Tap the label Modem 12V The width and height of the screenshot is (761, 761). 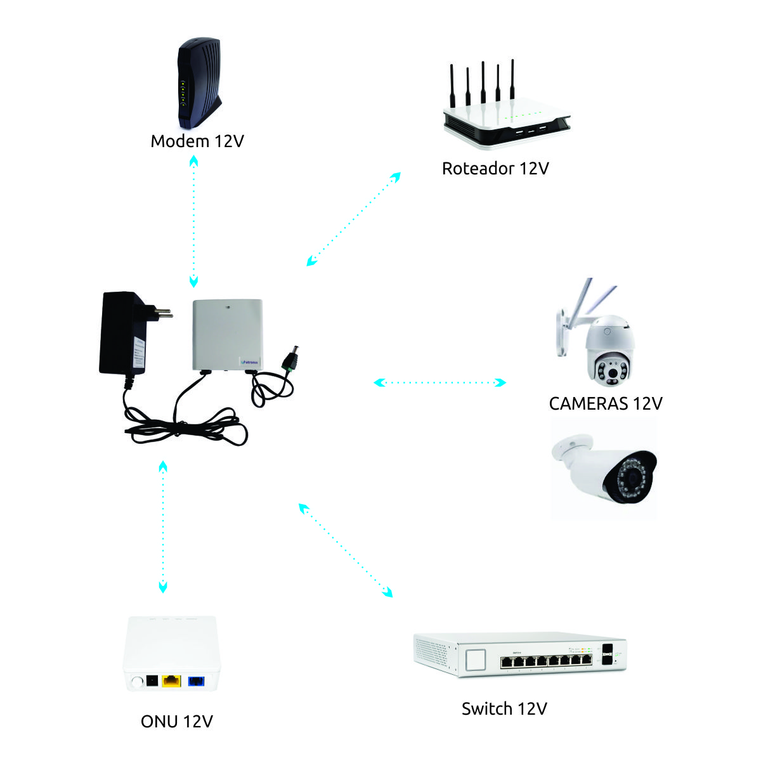[x=197, y=141]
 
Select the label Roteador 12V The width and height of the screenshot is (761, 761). [x=495, y=169]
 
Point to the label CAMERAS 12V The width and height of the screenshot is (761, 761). [x=605, y=404]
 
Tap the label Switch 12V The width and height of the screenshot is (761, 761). [x=504, y=708]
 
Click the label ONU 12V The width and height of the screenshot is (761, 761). [x=177, y=722]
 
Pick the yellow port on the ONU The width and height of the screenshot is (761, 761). [x=171, y=682]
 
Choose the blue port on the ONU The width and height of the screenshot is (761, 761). [x=196, y=682]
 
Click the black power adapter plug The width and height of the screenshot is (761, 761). [x=124, y=333]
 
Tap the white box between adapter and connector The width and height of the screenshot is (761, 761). [x=227, y=334]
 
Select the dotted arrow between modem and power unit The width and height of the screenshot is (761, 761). [x=193, y=222]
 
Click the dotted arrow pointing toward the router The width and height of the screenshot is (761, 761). [x=354, y=219]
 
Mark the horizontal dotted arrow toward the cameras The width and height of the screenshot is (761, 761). [x=439, y=382]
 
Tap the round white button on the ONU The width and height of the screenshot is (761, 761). [x=136, y=682]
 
